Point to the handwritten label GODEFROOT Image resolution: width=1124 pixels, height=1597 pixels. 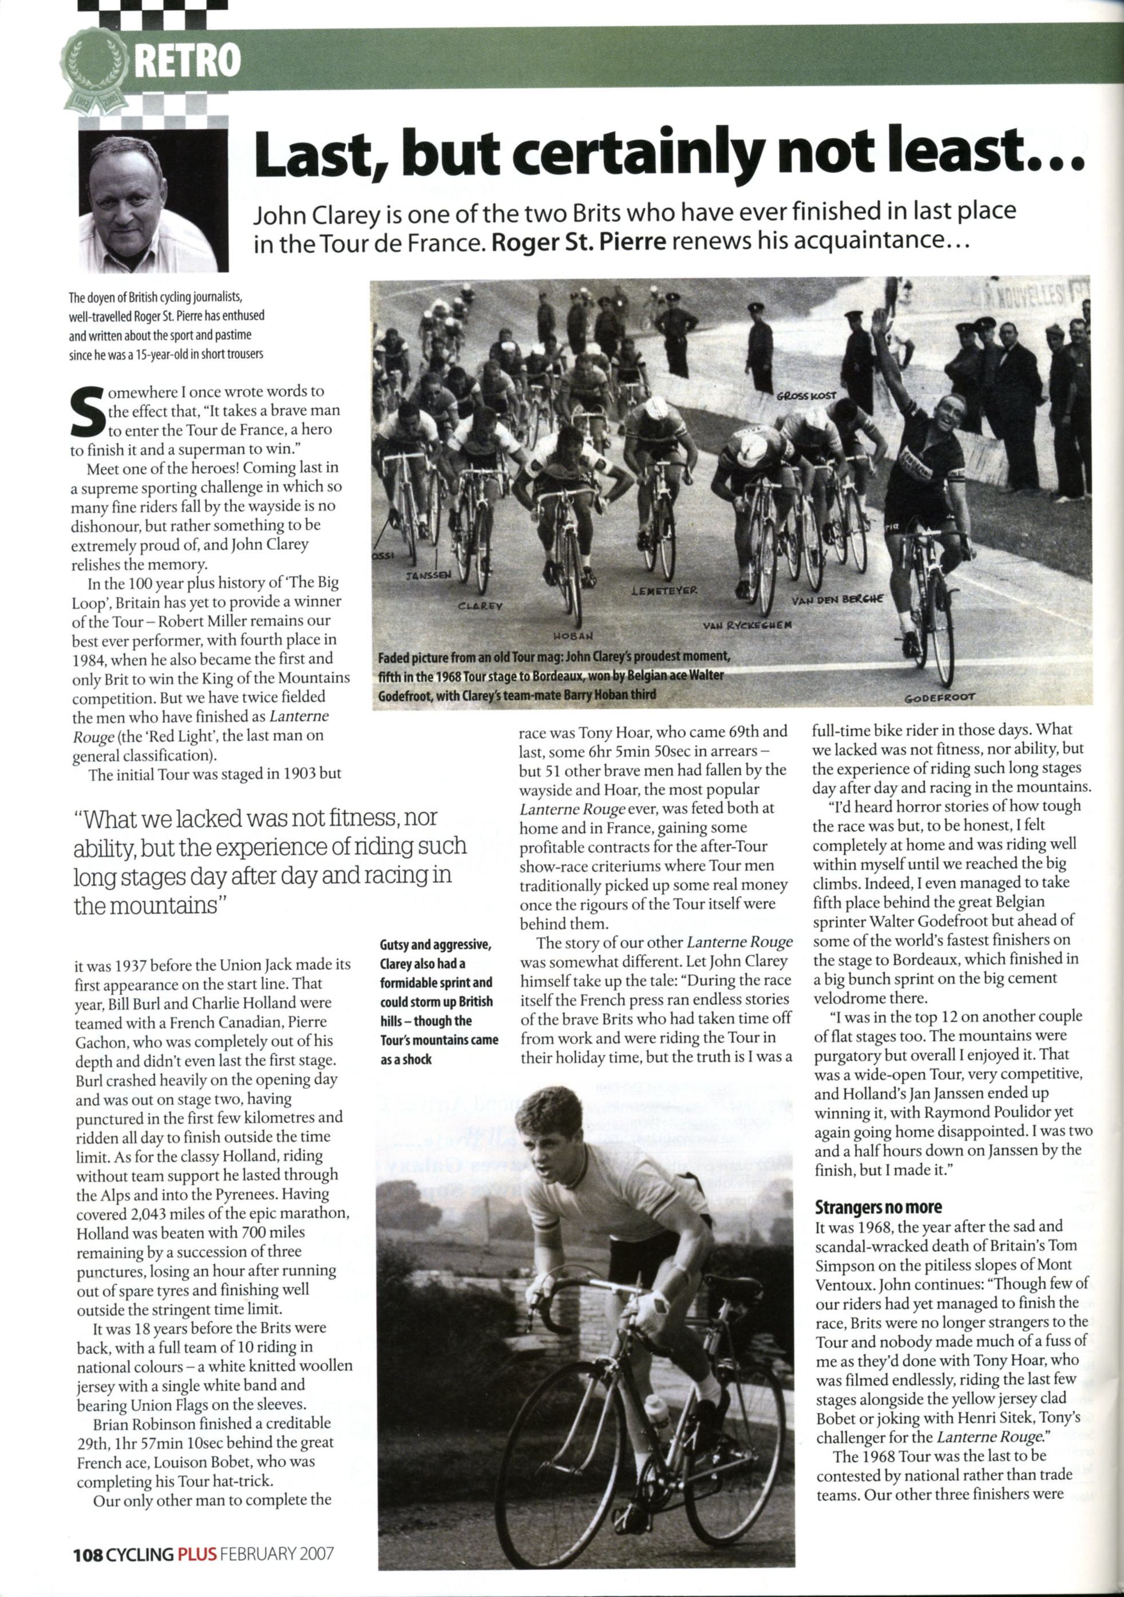940,696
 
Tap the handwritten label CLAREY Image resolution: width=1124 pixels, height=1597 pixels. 480,605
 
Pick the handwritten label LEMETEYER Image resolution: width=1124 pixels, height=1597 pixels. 664,590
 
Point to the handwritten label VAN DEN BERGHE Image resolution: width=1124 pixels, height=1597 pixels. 837,600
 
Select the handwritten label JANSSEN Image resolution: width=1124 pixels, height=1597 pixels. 429,574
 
